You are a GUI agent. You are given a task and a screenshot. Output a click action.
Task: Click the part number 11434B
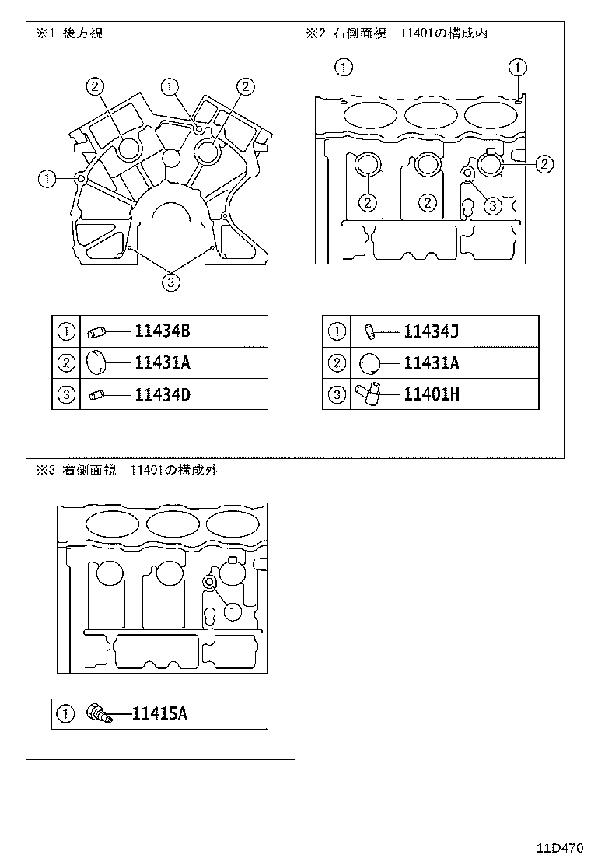pos(162,332)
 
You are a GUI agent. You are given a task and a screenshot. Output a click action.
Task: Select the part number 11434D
pos(162,394)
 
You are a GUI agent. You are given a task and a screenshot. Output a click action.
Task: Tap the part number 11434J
pos(432,332)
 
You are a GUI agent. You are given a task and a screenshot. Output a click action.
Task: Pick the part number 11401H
pos(432,394)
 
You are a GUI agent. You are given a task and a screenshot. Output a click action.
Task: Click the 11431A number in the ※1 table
pos(162,363)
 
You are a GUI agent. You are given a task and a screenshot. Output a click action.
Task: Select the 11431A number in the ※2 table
pos(432,363)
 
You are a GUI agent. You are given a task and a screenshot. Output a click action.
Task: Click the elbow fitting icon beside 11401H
pos(369,394)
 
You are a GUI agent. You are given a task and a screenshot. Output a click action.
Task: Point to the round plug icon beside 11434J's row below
pos(369,363)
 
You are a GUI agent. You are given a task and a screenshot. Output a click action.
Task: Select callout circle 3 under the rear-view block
pos(172,282)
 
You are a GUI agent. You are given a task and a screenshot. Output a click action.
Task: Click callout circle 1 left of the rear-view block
pos(48,179)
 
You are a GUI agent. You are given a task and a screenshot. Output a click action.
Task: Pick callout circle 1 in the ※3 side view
pos(231,612)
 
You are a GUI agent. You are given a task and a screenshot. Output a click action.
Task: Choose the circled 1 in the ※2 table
pos(336,332)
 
